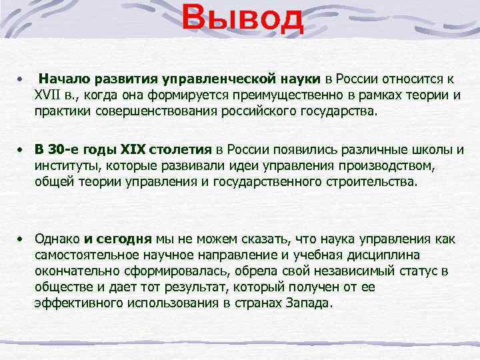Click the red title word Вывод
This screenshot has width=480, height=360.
pyautogui.click(x=243, y=20)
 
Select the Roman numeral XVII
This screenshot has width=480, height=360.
pyautogui.click(x=51, y=95)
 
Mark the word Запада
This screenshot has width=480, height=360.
pyautogui.click(x=310, y=303)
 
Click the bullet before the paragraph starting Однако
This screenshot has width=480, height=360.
pyautogui.click(x=22, y=238)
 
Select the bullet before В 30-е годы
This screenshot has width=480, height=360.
pyautogui.click(x=22, y=148)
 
